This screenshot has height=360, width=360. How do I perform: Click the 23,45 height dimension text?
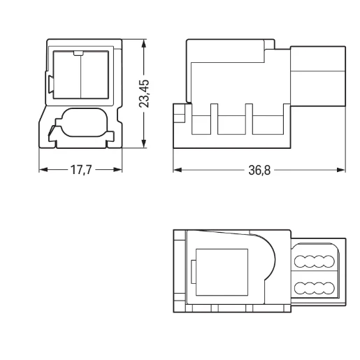(x=144, y=94)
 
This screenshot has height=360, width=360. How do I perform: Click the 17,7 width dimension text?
(x=81, y=170)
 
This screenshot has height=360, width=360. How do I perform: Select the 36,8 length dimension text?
(x=259, y=170)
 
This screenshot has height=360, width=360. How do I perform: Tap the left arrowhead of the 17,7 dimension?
(x=43, y=170)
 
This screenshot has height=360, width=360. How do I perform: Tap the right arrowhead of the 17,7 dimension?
(x=117, y=170)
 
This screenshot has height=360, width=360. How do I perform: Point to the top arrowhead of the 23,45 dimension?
(x=144, y=43)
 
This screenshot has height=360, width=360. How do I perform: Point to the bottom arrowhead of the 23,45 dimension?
(x=144, y=143)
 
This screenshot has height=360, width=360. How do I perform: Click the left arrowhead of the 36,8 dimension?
(x=178, y=170)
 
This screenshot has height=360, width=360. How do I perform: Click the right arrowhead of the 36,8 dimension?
(x=341, y=170)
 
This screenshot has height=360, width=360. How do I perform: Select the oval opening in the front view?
(x=85, y=122)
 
